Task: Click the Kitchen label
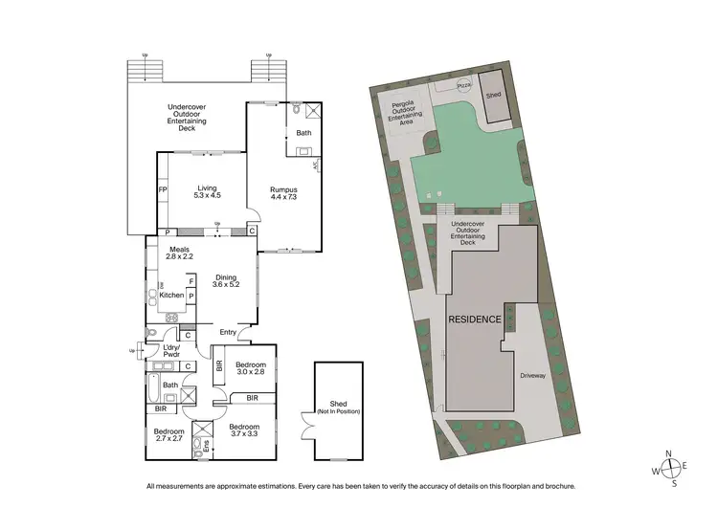pyautogui.click(x=171, y=296)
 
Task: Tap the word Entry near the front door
pyautogui.click(x=228, y=332)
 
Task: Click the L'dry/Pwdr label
pyautogui.click(x=172, y=350)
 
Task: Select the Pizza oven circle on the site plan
pyautogui.click(x=463, y=87)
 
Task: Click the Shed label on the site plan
pyautogui.click(x=493, y=96)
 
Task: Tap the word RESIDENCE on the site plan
pyautogui.click(x=474, y=320)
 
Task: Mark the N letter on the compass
pyautogui.click(x=670, y=453)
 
